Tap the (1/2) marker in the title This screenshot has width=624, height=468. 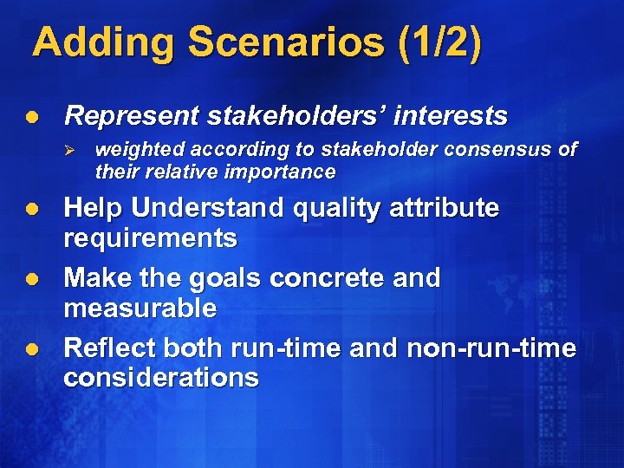pos(440,43)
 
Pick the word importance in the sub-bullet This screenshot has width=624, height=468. pos(281,172)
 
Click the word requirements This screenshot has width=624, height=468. pos(151,238)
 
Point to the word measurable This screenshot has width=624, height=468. pos(140,308)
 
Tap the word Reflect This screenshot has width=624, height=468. pos(109,348)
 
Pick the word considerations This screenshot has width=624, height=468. pos(161,377)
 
